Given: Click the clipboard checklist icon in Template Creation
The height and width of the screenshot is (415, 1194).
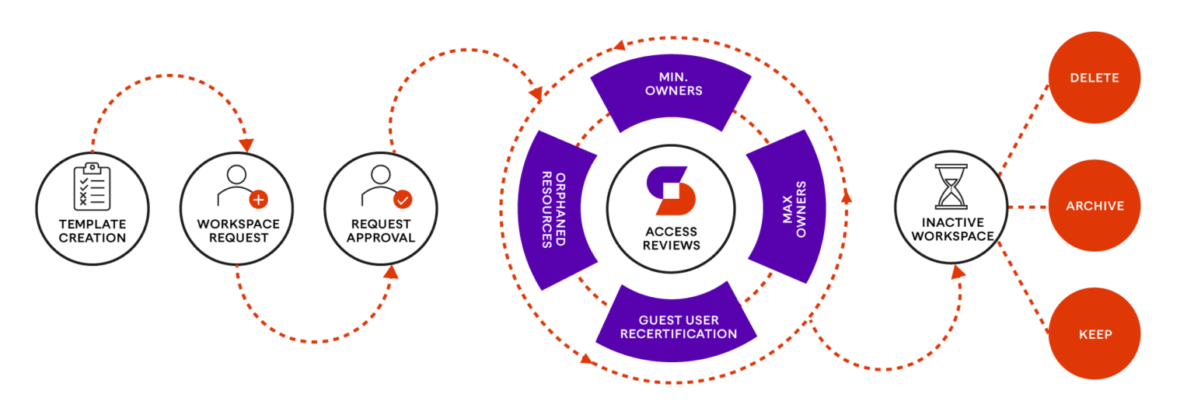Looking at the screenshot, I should tap(92, 187).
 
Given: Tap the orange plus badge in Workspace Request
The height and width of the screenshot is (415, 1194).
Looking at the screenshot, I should tap(258, 200).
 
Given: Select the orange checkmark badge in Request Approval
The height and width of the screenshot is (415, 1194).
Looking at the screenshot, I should tap(403, 200).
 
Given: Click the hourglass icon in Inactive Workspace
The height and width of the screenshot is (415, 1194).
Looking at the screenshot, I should tap(951, 187).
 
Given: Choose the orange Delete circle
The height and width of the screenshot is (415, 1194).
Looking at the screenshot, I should tap(1094, 78).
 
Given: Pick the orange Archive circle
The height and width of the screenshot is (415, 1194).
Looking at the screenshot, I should tap(1094, 206).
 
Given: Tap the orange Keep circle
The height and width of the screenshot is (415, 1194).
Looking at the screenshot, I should tap(1094, 334).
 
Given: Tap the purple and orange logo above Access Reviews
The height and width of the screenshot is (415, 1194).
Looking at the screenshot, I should tap(671, 190).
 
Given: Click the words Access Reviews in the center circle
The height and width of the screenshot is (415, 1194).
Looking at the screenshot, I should tap(672, 238).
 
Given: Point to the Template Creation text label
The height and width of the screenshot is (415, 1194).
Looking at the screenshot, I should tap(93, 231).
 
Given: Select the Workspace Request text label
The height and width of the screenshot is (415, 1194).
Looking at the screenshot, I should tap(238, 231).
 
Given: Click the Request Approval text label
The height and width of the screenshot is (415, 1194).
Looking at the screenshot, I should tap(380, 231).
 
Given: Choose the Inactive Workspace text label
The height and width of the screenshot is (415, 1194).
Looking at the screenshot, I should tap(952, 229).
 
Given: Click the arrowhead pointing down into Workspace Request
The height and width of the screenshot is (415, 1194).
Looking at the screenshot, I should tap(246, 145).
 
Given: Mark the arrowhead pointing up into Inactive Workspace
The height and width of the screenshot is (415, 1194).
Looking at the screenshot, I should tap(958, 271).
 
